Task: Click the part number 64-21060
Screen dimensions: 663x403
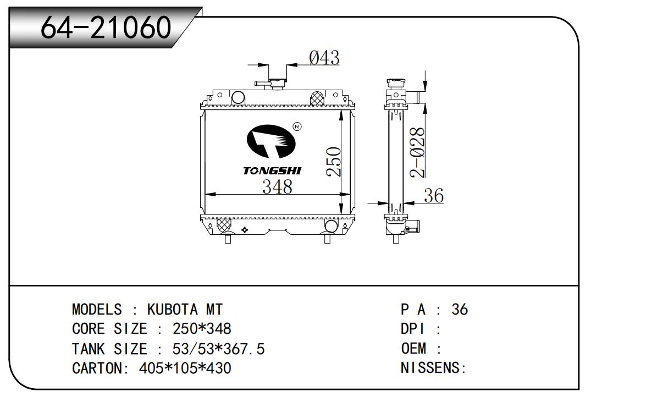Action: [106, 27]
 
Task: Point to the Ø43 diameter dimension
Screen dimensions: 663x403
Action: [324, 58]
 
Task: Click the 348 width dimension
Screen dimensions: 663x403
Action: [277, 187]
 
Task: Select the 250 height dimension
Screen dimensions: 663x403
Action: [334, 162]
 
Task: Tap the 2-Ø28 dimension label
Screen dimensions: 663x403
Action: [417, 152]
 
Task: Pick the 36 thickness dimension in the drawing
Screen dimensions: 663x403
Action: [434, 195]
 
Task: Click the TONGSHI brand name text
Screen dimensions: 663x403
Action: [272, 171]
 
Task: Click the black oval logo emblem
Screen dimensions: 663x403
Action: [271, 141]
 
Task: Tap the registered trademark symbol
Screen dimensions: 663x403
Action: [297, 127]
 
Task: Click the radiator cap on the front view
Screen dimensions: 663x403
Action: [278, 84]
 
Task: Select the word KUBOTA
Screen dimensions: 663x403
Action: [172, 310]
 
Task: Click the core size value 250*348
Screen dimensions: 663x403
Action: [202, 329]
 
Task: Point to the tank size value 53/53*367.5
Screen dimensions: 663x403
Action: [218, 349]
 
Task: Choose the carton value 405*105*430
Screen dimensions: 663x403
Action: [185, 368]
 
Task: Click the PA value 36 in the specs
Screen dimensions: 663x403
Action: [460, 310]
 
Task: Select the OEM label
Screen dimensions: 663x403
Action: [413, 349]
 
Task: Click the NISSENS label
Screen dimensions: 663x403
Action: [430, 368]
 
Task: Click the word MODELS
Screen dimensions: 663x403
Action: [97, 310]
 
